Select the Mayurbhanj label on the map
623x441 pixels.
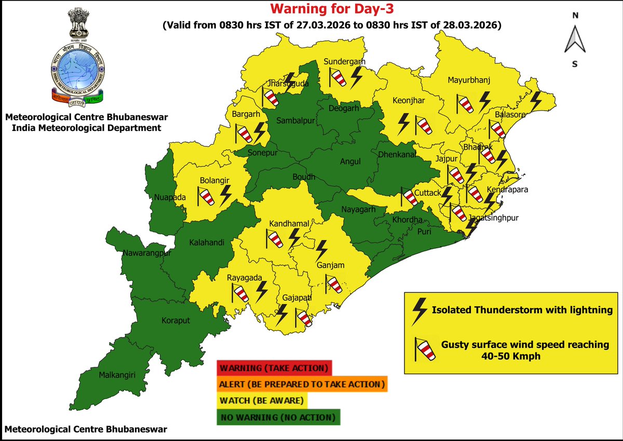click(x=469, y=80)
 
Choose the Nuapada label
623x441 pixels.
click(x=169, y=197)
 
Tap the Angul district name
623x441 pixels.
click(x=350, y=162)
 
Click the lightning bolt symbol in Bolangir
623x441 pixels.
click(x=226, y=195)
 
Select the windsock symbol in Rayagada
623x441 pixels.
click(x=241, y=292)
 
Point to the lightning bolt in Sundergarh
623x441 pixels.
click(x=357, y=78)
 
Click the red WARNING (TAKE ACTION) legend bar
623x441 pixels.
click(x=274, y=368)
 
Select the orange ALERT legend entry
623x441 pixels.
click(x=302, y=384)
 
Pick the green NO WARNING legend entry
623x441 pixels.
click(x=278, y=417)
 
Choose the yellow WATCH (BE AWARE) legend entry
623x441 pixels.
click(x=263, y=401)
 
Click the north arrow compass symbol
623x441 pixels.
click(x=575, y=39)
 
